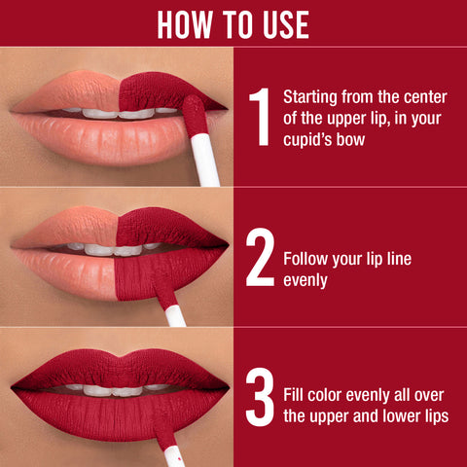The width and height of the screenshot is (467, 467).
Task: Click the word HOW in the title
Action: [187, 23]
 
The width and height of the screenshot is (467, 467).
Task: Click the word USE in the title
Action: [282, 23]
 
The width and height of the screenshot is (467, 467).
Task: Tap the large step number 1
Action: [258, 116]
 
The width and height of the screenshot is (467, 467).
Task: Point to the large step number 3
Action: [259, 398]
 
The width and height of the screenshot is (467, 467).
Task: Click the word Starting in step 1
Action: [308, 97]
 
